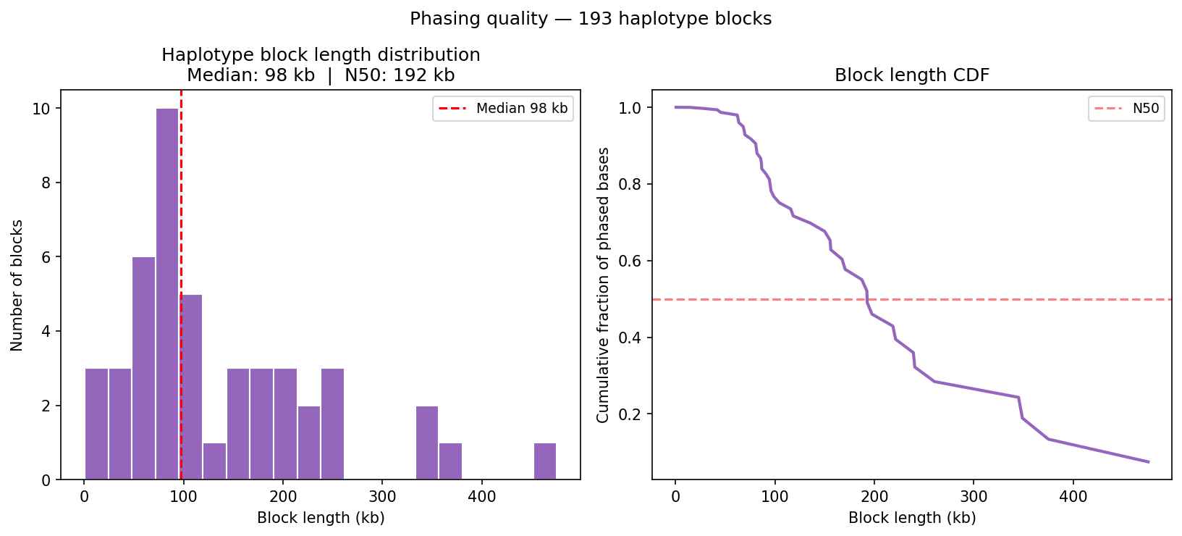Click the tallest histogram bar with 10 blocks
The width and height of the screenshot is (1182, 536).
click(167, 293)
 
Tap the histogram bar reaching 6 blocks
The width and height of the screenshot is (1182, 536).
click(143, 368)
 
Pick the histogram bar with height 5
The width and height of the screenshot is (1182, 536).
click(191, 387)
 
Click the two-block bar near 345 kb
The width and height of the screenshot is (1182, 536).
click(427, 443)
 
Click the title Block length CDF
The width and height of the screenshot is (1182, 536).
click(911, 75)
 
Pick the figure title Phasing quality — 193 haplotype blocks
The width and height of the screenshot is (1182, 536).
click(591, 19)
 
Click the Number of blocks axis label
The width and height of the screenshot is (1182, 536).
click(17, 285)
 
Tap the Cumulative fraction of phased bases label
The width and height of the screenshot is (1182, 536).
click(603, 285)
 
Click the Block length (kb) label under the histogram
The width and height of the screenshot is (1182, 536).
click(321, 518)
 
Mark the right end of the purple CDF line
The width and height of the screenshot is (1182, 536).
click(1149, 461)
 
